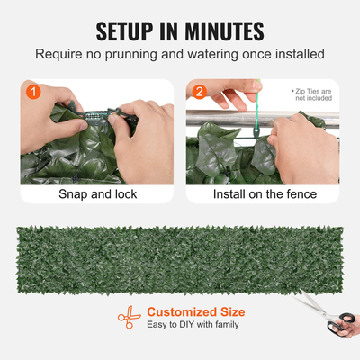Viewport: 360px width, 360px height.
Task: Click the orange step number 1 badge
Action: coord(33,91)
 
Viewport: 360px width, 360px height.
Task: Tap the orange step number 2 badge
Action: coord(199,91)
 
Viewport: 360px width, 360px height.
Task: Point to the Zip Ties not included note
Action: coord(312,95)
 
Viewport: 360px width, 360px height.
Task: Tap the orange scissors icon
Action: coord(129,317)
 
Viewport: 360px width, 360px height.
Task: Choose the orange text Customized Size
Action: coord(196,311)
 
